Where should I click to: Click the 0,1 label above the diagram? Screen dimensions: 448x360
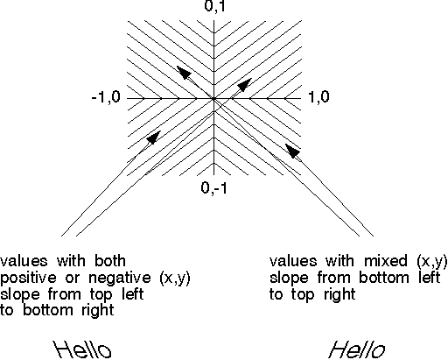click(215, 6)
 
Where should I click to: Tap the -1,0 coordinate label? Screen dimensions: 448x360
click(106, 96)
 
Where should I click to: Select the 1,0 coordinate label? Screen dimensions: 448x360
click(318, 96)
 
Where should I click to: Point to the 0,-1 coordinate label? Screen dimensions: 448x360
click(213, 187)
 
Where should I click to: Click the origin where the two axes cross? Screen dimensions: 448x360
click(214, 99)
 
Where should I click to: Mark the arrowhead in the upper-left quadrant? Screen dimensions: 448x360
click(184, 72)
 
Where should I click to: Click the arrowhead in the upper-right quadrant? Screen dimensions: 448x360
click(244, 85)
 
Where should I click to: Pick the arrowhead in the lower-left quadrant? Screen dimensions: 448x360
click(153, 138)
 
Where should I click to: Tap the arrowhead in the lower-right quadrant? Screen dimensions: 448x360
click(293, 151)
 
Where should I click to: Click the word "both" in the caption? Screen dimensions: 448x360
click(110, 260)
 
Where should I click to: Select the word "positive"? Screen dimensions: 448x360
click(28, 278)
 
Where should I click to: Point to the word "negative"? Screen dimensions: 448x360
click(120, 278)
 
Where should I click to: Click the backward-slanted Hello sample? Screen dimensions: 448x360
click(82, 349)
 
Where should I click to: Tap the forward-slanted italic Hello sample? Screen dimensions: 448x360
click(356, 349)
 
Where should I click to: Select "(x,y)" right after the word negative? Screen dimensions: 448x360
click(175, 279)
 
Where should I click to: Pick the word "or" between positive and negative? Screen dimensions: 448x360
click(73, 279)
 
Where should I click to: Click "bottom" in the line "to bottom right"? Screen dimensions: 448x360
click(48, 310)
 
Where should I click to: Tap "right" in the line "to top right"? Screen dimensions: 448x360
click(339, 295)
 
